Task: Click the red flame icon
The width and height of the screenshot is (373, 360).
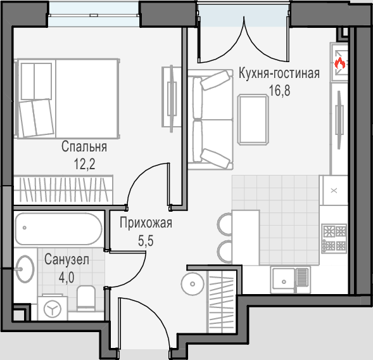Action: [340, 63]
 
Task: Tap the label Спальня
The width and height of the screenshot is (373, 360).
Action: [84, 146]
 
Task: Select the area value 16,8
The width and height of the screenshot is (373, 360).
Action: [279, 91]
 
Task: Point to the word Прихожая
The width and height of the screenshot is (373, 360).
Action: [146, 223]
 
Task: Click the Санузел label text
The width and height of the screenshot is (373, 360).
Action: [66, 259]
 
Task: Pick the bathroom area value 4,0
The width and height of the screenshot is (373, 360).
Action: [66, 278]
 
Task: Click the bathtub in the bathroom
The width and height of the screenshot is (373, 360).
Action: [58, 229]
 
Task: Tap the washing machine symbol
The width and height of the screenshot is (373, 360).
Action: [53, 308]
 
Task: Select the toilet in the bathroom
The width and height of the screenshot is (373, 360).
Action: [86, 299]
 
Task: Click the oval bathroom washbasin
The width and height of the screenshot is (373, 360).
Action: [25, 269]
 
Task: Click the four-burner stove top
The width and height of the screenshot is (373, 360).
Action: [334, 238]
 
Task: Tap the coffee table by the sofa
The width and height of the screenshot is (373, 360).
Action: [253, 120]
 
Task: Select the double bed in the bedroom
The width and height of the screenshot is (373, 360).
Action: [66, 99]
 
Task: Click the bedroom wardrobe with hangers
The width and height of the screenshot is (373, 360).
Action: [63, 190]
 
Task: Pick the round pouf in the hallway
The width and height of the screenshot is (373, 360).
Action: [193, 284]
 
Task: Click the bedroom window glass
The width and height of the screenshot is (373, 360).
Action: [94, 15]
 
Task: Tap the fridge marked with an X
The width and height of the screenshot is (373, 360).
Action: [334, 191]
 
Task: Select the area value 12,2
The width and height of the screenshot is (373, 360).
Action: [85, 164]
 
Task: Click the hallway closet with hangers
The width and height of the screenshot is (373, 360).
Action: [222, 302]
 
